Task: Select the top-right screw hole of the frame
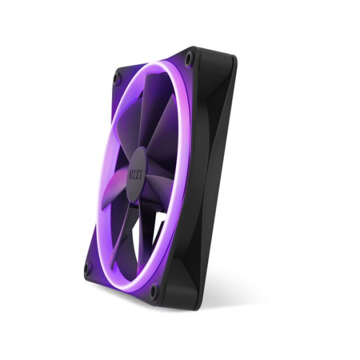pyautogui.click(x=189, y=59)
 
